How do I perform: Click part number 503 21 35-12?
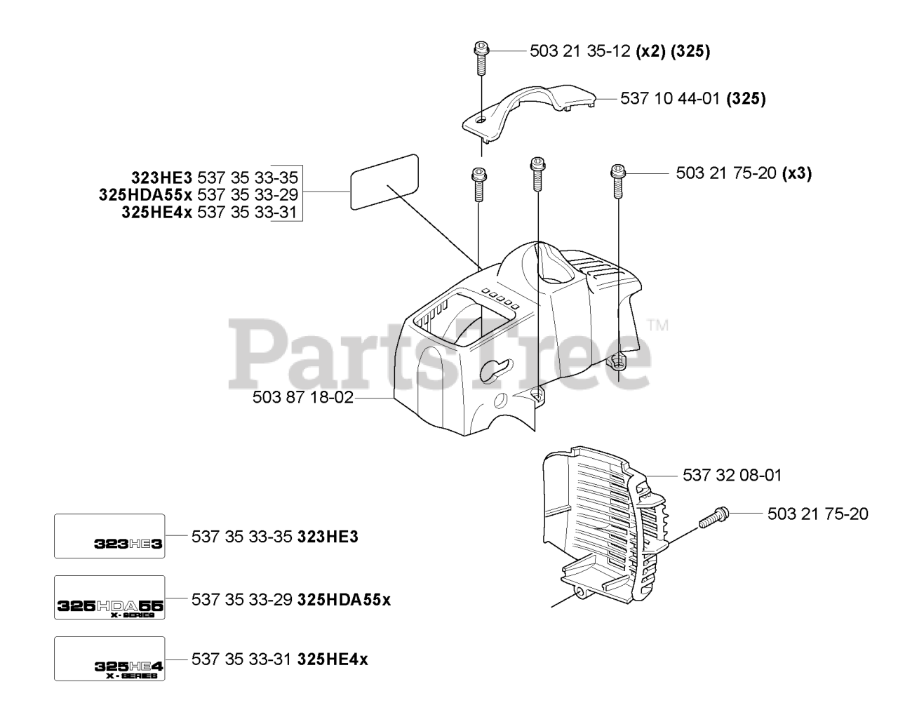tap(579, 51)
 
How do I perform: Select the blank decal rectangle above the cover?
tap(384, 181)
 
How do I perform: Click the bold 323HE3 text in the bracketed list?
tap(161, 177)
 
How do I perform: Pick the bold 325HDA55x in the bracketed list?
tap(147, 194)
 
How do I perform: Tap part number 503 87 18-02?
tap(302, 398)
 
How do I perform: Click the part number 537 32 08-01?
tap(732, 476)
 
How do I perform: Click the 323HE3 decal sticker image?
tap(110, 536)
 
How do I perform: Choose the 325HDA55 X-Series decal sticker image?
tap(110, 597)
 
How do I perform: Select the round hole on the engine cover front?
tap(501, 401)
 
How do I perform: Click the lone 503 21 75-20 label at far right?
tap(817, 514)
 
